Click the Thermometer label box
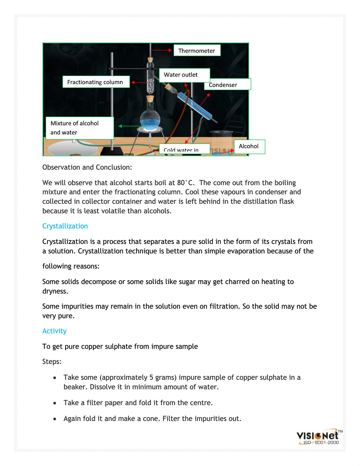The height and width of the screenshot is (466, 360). (x=197, y=50)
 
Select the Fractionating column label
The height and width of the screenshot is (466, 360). (x=96, y=82)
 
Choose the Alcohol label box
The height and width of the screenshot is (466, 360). (x=249, y=146)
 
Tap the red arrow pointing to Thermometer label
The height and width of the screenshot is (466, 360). (x=162, y=50)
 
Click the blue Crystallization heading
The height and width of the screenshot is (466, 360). (x=65, y=226)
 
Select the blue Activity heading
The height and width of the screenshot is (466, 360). (x=55, y=331)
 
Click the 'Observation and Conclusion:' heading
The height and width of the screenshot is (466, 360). (x=87, y=167)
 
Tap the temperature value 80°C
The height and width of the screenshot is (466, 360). (x=185, y=183)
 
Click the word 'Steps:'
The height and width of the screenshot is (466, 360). (x=52, y=361)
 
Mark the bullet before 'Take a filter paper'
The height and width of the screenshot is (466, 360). (x=55, y=403)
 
